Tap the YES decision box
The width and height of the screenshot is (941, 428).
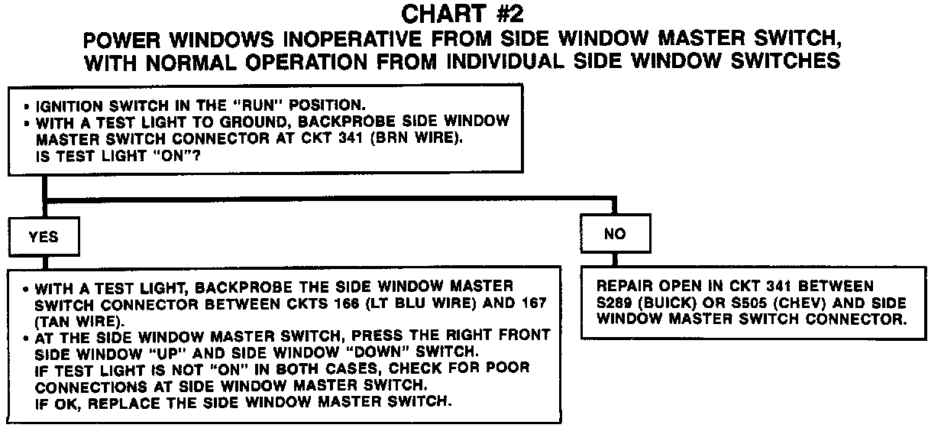coord(44,236)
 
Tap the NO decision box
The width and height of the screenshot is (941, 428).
coord(615,234)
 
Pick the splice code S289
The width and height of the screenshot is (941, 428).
coord(616,303)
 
